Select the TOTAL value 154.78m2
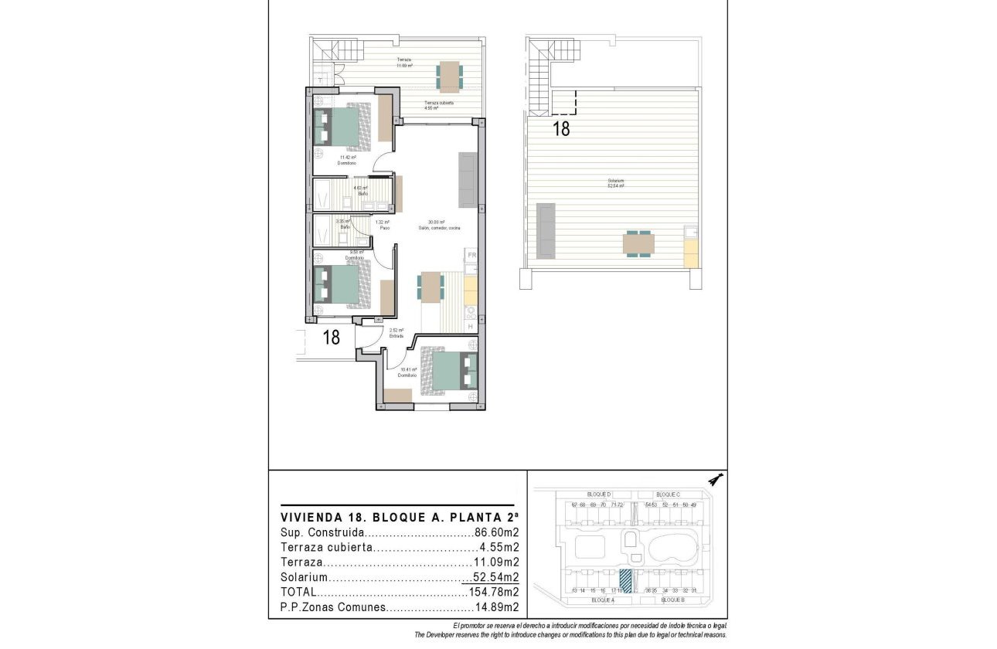point(492,593)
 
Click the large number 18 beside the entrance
point(331,338)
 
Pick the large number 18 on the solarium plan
point(561,129)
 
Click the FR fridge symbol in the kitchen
point(471,255)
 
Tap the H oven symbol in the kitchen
point(471,328)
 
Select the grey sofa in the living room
point(468,180)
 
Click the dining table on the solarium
point(638,245)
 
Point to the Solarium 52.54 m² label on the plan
point(616,185)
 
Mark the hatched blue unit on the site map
point(625,581)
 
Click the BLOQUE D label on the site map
point(599,494)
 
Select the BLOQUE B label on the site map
point(673,600)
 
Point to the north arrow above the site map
point(716,480)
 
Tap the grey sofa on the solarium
point(546,231)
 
